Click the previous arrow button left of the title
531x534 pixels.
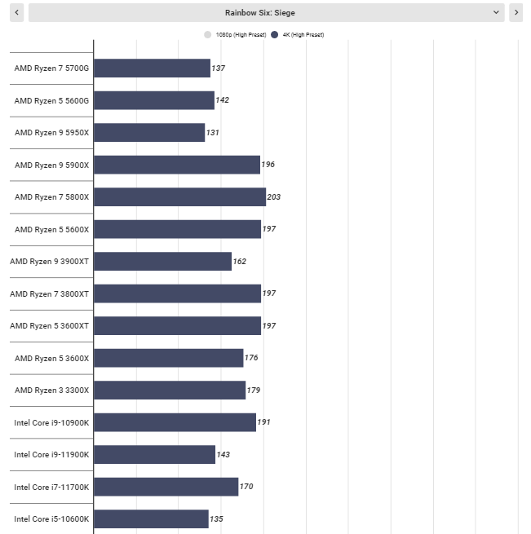(16, 12)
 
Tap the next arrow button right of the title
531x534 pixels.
(516, 12)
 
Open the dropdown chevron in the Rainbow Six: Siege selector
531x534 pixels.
(496, 12)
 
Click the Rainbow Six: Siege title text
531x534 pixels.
(260, 13)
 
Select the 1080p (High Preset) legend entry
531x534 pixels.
(235, 35)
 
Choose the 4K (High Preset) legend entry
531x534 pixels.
(298, 35)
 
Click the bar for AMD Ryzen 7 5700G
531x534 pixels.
(152, 68)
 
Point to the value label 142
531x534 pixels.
(222, 100)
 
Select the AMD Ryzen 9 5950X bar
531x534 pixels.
(149, 132)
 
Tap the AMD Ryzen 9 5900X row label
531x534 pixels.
(52, 165)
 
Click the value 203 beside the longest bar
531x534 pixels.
(274, 196)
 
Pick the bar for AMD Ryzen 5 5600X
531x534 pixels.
(178, 229)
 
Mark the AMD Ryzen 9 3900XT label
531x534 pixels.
(50, 262)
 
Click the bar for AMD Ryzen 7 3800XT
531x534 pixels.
(178, 293)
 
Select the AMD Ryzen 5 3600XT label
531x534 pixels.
(50, 326)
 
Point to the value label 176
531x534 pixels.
(251, 358)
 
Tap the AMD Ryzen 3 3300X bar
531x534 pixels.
(170, 390)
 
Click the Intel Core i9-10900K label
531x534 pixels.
(51, 422)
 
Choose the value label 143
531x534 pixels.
(223, 455)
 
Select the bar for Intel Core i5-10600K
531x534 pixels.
(152, 519)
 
